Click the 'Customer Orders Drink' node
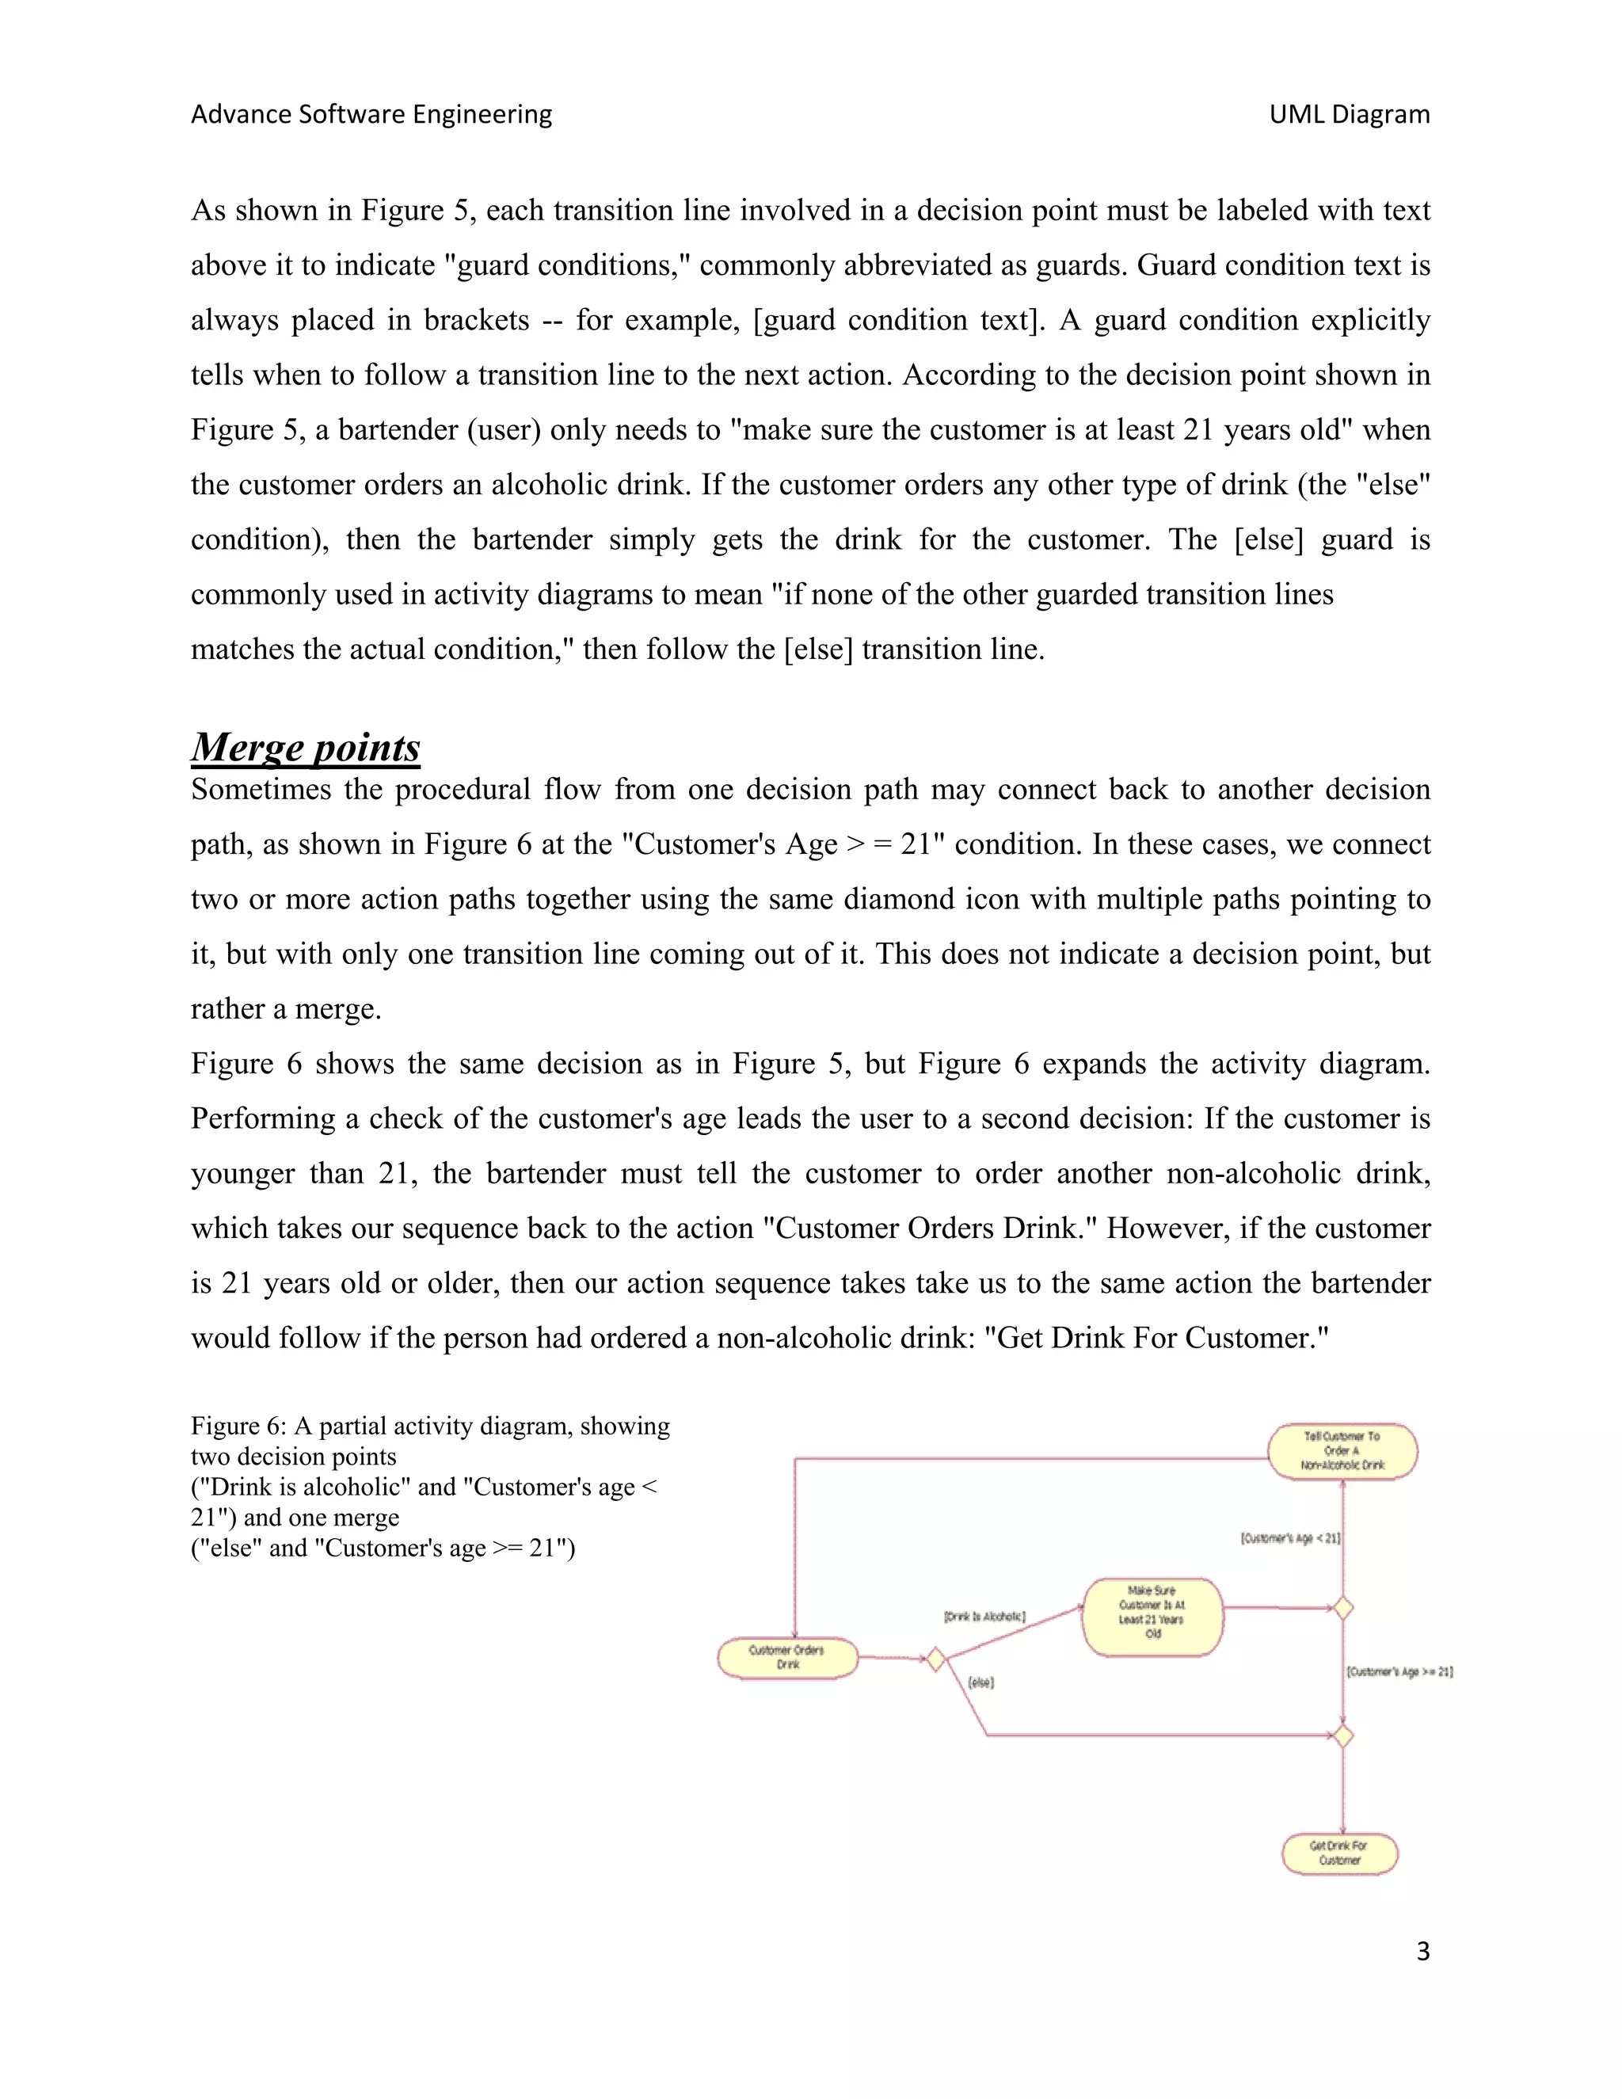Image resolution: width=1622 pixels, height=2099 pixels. pos(787,1658)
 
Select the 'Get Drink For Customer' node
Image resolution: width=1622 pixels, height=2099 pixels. pos(1339,1853)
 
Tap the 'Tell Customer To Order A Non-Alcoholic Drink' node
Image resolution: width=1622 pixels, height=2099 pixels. pos(1342,1450)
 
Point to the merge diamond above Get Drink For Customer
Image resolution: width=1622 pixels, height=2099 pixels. pos(1343,1735)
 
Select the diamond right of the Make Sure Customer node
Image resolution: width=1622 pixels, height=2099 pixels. pos(1343,1607)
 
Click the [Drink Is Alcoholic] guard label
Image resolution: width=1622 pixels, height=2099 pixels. pos(984,1617)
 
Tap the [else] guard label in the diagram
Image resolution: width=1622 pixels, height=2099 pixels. pos(980,1683)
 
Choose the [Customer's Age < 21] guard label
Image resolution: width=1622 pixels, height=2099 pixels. pos(1289,1537)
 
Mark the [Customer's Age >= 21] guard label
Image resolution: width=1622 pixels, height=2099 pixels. pos(1399,1671)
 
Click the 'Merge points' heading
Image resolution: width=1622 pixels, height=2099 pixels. pos(306,747)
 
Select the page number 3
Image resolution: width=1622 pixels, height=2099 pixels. pos(1422,1951)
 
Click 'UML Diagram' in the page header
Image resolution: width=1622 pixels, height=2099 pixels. pos(1349,114)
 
